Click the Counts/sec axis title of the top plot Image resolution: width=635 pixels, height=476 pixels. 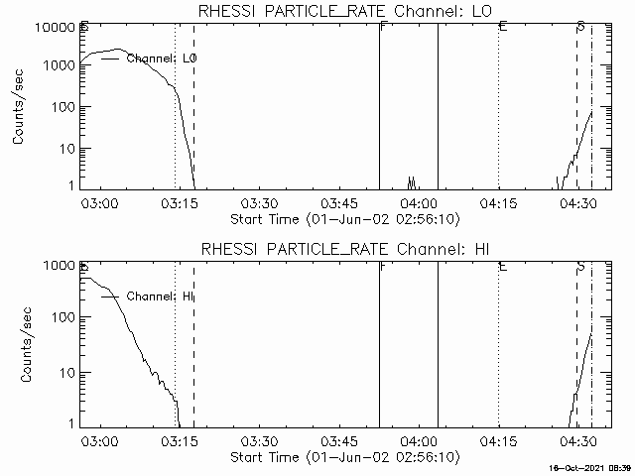coord(20,107)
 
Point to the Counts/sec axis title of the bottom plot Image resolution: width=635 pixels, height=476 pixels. coord(20,345)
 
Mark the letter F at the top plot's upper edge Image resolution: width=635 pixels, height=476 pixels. coord(382,26)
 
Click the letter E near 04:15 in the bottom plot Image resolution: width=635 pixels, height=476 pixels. coord(503,267)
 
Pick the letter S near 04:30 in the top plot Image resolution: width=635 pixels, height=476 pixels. coord(580,26)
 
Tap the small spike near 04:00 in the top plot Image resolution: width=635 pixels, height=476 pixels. coord(411,181)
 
